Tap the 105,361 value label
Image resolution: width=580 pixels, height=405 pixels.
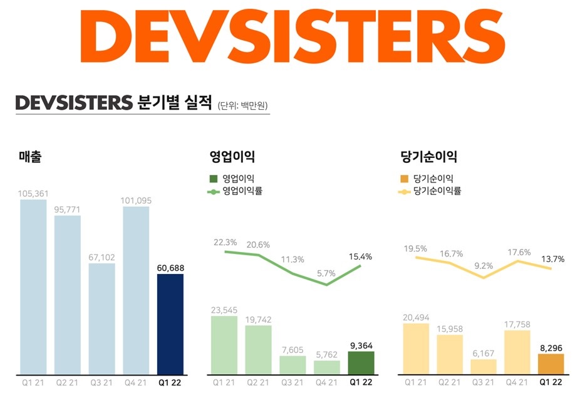click(33, 193)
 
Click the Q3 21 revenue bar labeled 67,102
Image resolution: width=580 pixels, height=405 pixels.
click(101, 318)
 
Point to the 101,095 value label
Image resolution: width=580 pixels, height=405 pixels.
click(136, 201)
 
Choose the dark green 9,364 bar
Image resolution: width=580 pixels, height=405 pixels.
click(361, 363)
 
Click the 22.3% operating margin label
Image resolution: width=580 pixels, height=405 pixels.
click(225, 242)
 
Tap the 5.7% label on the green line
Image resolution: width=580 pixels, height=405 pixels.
click(326, 273)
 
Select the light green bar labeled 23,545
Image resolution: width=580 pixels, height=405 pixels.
click(224, 345)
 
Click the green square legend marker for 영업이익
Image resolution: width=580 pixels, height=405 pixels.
click(213, 179)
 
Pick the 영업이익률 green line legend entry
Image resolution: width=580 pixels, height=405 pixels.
click(234, 191)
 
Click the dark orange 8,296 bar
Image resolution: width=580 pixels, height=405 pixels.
click(551, 364)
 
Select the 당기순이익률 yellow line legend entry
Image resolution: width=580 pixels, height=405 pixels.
click(430, 191)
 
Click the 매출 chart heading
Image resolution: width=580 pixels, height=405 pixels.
click(30, 157)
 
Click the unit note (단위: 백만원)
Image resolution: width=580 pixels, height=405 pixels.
click(246, 105)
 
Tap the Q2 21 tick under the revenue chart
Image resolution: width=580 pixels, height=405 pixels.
click(67, 382)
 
